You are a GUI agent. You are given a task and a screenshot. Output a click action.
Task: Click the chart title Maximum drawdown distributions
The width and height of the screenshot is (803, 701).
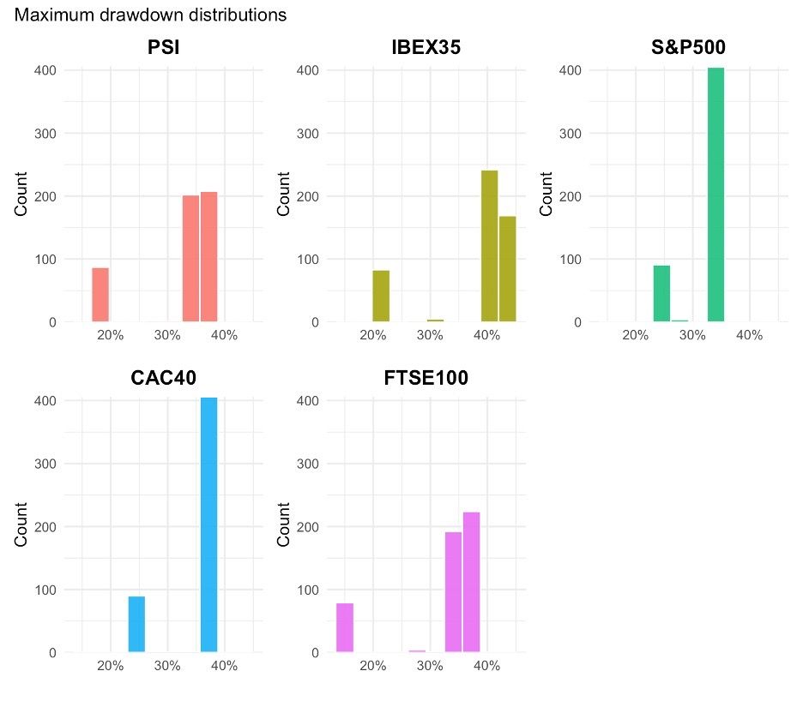click(x=151, y=15)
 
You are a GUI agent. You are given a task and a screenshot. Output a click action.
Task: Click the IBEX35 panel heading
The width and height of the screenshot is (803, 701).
click(x=426, y=48)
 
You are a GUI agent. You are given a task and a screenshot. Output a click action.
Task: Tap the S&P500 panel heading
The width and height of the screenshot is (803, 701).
click(x=689, y=48)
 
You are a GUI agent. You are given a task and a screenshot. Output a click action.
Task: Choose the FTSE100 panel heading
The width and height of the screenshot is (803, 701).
click(x=426, y=378)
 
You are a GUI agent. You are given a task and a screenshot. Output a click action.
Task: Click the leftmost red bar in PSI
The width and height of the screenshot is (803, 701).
click(x=100, y=295)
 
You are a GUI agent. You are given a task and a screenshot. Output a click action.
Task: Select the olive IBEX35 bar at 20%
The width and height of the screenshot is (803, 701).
click(x=381, y=297)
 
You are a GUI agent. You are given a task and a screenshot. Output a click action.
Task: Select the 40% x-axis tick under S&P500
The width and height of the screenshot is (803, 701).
click(x=749, y=335)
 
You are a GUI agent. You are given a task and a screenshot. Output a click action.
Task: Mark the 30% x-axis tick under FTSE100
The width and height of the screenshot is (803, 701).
click(x=430, y=666)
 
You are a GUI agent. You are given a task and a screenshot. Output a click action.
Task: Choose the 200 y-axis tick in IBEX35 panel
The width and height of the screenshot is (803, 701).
click(x=308, y=196)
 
